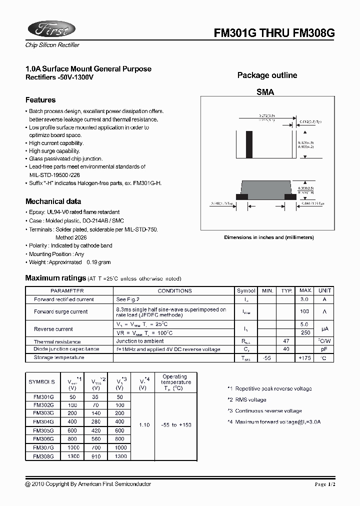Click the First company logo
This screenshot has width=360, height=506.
pos(50,29)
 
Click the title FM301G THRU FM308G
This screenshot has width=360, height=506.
pos(274,33)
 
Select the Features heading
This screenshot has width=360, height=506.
pos(40,100)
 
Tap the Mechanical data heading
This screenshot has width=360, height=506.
pos(53,201)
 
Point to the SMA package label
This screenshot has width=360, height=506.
pos(265,92)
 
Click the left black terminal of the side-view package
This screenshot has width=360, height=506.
pos(241,196)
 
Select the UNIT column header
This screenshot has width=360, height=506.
pos(324,290)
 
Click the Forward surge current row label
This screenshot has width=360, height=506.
pos(60,311)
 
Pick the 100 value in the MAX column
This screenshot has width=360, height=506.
pos(304,311)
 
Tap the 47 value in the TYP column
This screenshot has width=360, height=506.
pos(286,341)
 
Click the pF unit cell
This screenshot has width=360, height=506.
pos(324,349)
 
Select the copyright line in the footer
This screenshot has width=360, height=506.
pos(88,484)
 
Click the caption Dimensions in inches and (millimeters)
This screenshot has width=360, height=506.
pos(268,237)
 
